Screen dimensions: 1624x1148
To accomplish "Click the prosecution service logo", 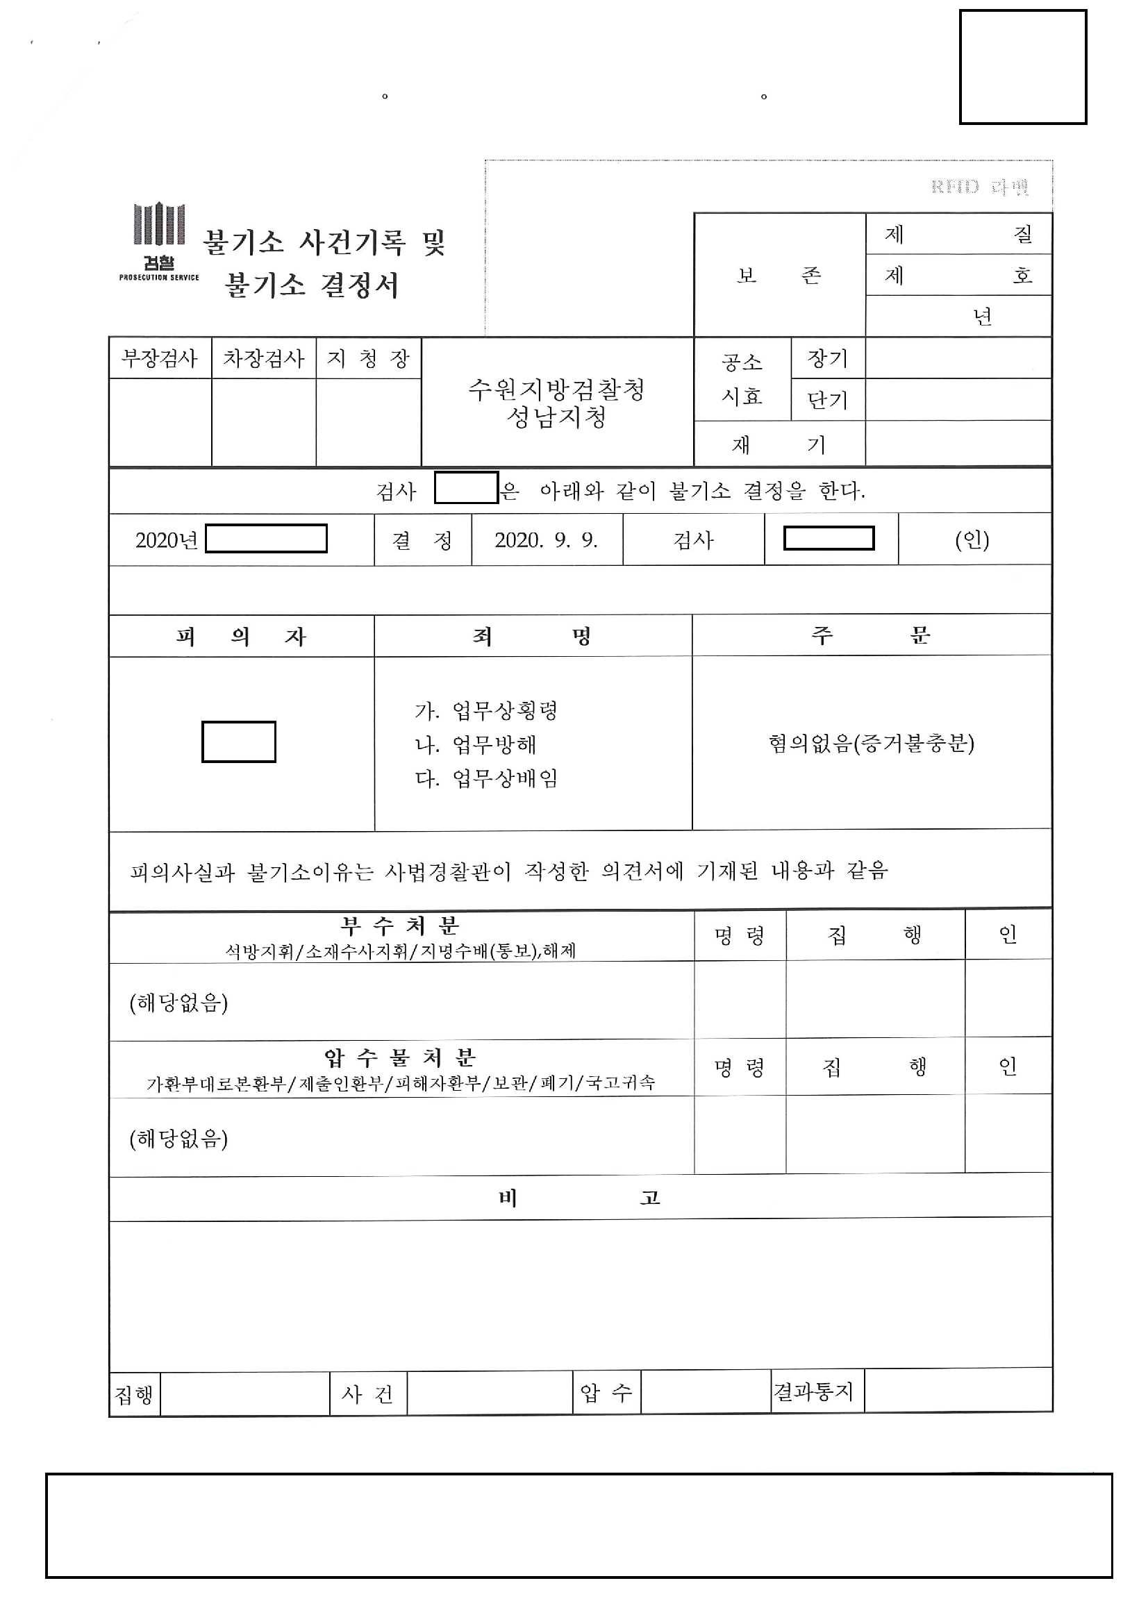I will tap(159, 240).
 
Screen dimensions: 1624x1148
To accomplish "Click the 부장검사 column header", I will tap(159, 358).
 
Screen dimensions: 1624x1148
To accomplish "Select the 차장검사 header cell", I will tap(263, 358).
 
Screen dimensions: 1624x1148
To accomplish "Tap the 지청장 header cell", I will tap(368, 358).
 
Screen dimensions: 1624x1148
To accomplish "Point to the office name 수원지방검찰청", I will tap(556, 390).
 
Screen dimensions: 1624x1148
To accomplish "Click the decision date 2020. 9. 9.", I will tap(546, 540).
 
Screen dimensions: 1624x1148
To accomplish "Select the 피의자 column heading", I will tap(240, 637).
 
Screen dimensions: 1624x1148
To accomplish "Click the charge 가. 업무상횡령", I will tap(486, 710).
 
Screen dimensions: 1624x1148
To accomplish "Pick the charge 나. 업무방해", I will tap(475, 744).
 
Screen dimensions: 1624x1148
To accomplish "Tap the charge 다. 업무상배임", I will tap(486, 778).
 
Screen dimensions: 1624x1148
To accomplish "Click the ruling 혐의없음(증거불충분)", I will tap(872, 744).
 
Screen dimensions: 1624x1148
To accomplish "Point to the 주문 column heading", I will tap(871, 635).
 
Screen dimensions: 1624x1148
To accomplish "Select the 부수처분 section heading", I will tap(399, 925).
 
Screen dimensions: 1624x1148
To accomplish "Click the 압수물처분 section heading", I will tap(399, 1058).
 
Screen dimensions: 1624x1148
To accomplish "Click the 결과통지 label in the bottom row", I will tap(814, 1392).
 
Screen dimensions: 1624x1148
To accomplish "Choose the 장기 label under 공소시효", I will tap(827, 358).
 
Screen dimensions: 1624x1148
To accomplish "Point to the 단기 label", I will tap(827, 401).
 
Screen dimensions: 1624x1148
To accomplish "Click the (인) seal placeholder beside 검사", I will tap(972, 540).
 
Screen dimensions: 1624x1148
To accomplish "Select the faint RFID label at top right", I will tap(980, 187).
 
